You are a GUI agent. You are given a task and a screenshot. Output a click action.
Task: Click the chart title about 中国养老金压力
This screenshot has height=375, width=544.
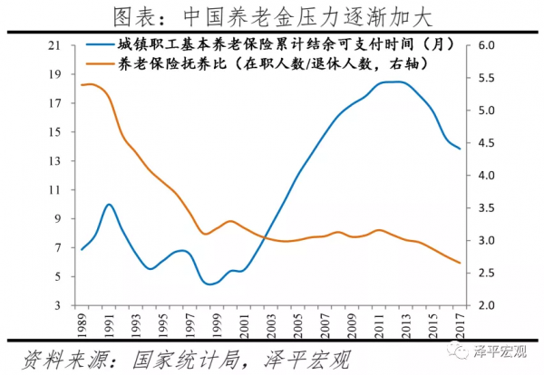click(x=271, y=16)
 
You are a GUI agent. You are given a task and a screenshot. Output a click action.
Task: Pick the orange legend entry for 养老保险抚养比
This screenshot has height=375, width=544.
click(x=271, y=65)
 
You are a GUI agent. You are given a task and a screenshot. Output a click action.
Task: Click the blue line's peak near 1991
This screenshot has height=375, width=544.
click(x=109, y=205)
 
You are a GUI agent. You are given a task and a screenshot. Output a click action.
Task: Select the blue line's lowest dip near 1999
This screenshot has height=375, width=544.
click(x=210, y=284)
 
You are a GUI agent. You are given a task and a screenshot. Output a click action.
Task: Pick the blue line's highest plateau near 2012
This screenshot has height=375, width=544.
click(x=393, y=82)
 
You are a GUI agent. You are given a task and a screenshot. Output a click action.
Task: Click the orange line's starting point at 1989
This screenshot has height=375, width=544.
click(x=82, y=85)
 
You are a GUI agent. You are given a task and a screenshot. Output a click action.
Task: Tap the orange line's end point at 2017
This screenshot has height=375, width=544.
click(x=460, y=264)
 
